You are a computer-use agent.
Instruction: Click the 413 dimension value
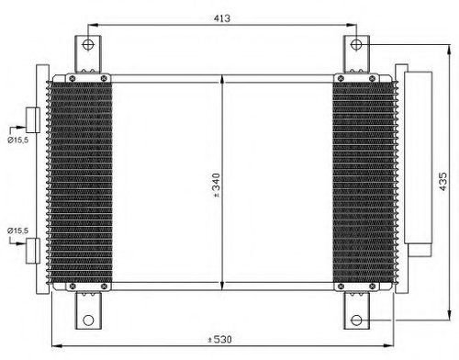click(222, 18)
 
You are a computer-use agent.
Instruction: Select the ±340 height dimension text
click(216, 186)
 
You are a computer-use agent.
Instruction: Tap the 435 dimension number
click(442, 182)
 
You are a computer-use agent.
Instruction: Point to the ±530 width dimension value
click(219, 339)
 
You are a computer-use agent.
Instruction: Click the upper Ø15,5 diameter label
click(17, 141)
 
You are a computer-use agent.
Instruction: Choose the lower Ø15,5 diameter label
click(17, 231)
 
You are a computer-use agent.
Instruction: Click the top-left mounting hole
click(88, 45)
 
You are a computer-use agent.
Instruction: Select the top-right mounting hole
click(356, 45)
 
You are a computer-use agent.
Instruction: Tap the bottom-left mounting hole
click(88, 321)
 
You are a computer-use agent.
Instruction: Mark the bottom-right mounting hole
click(356, 321)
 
